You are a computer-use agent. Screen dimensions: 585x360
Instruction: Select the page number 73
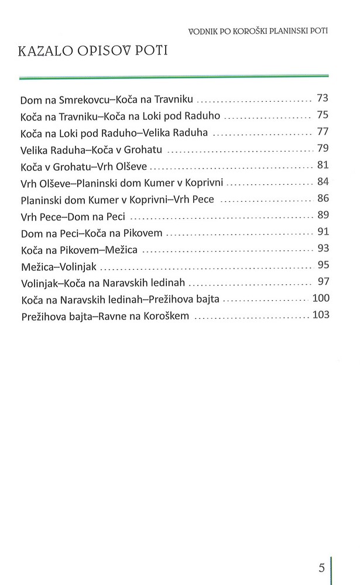[x=323, y=97]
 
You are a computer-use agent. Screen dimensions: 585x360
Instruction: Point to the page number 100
[x=321, y=299]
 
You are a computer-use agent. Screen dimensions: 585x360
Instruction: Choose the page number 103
[x=321, y=315]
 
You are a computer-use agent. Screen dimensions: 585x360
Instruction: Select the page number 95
[x=323, y=264]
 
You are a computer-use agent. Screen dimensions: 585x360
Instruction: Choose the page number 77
[x=323, y=130]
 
